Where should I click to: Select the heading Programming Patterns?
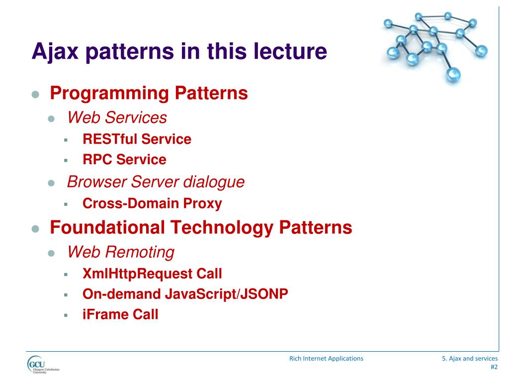[x=149, y=93]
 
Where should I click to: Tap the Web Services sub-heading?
[x=117, y=118]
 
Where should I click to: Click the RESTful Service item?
[x=137, y=139]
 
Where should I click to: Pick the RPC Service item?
[x=124, y=160]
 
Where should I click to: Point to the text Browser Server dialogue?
[x=156, y=182]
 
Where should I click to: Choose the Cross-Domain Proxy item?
[x=152, y=203]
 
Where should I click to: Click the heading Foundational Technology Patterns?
[x=201, y=227]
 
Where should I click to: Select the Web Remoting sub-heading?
[x=121, y=252]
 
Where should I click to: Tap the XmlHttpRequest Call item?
[x=152, y=274]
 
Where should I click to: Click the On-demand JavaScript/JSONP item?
[x=185, y=294]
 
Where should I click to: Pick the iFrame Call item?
[x=120, y=314]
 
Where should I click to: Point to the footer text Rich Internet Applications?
[x=326, y=358]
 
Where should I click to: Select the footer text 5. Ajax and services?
[x=470, y=358]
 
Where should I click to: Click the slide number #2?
[x=494, y=368]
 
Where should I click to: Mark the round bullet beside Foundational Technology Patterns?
[x=35, y=229]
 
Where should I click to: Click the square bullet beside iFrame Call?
[x=65, y=315]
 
